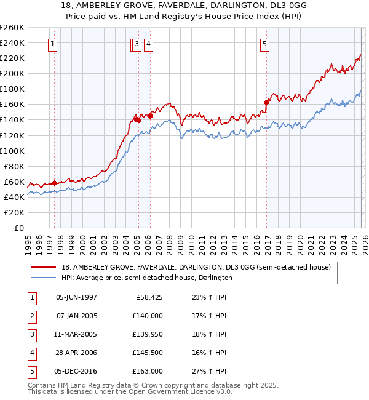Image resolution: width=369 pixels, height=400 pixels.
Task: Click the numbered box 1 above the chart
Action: coord(53,44)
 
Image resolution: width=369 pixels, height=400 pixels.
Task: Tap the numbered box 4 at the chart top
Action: coord(149,44)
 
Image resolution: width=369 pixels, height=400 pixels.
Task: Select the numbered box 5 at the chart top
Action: coord(264,44)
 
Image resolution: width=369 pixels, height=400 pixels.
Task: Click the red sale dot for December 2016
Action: coord(266,102)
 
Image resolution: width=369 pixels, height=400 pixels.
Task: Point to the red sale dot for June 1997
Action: coord(54,183)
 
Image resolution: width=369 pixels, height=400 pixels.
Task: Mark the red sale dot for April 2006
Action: coord(151,116)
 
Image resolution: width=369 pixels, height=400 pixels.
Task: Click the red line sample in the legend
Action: coord(44,267)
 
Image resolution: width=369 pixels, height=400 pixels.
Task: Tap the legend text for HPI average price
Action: coord(146,278)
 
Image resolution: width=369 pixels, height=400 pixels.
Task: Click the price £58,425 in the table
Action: coord(149,297)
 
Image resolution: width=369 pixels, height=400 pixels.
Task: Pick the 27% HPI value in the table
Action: coord(209,371)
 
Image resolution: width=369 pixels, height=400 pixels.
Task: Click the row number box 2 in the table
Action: coord(31,316)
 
